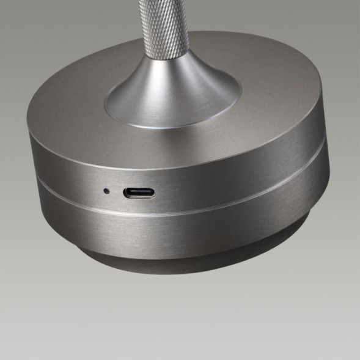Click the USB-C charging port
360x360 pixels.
point(139,193)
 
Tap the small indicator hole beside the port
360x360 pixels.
point(106,191)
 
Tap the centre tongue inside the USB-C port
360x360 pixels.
point(139,193)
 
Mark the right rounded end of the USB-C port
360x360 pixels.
point(152,194)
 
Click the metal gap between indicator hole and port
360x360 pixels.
point(116,191)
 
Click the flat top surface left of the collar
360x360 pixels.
point(67,104)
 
